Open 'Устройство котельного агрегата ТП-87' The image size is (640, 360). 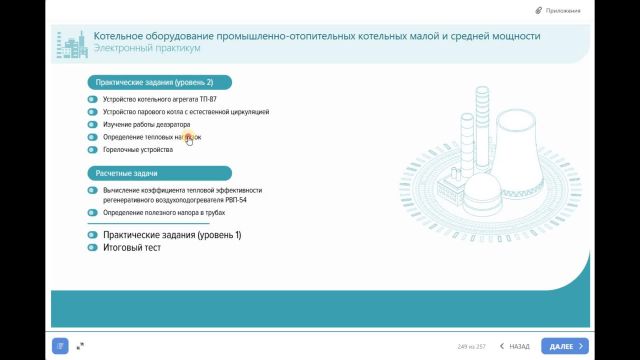[x=152, y=100]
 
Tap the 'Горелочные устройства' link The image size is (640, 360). [x=137, y=149]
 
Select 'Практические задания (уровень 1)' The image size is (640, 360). [x=171, y=235]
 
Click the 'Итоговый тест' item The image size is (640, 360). [x=131, y=247]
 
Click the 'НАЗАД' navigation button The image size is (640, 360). [x=514, y=346]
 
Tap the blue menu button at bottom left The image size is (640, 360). [x=61, y=346]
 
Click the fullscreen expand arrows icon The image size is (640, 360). [x=80, y=346]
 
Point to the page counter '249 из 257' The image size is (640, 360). [x=470, y=346]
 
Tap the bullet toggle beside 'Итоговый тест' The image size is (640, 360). [x=92, y=247]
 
